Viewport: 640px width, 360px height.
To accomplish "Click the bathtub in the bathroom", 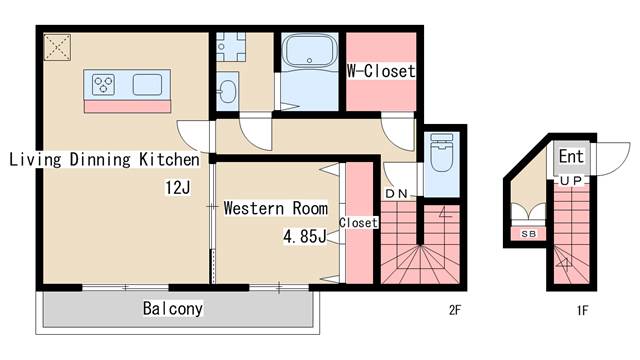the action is pyautogui.click(x=309, y=51).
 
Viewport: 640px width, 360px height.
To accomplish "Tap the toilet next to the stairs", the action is pyautogui.click(x=442, y=152).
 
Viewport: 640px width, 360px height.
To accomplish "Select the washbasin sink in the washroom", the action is pyautogui.click(x=227, y=92).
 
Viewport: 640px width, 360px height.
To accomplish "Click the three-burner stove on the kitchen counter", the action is pyautogui.click(x=103, y=84).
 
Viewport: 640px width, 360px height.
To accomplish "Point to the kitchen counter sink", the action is pyautogui.click(x=147, y=84).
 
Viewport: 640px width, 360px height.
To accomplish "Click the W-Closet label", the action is pyautogui.click(x=381, y=71).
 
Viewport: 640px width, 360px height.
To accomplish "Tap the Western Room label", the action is pyautogui.click(x=276, y=208).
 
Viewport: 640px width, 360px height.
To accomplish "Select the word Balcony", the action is pyautogui.click(x=173, y=309).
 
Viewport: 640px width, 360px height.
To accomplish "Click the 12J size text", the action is pyautogui.click(x=178, y=188).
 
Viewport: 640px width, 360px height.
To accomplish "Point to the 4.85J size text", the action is pyautogui.click(x=305, y=236).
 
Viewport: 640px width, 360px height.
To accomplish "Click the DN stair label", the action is pyautogui.click(x=396, y=194).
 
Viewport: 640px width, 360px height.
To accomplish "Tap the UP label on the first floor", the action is pyautogui.click(x=571, y=180).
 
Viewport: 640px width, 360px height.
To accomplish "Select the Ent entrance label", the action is pyautogui.click(x=571, y=156).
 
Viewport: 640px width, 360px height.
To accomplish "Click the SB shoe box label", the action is pyautogui.click(x=528, y=234).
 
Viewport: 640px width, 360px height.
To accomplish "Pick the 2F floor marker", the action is pyautogui.click(x=455, y=310).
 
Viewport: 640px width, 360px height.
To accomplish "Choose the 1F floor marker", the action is pyautogui.click(x=582, y=311).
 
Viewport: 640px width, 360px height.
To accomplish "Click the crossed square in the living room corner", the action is pyautogui.click(x=57, y=47).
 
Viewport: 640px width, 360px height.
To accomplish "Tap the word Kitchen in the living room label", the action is pyautogui.click(x=169, y=159).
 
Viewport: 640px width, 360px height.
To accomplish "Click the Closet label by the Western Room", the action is pyautogui.click(x=358, y=223).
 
